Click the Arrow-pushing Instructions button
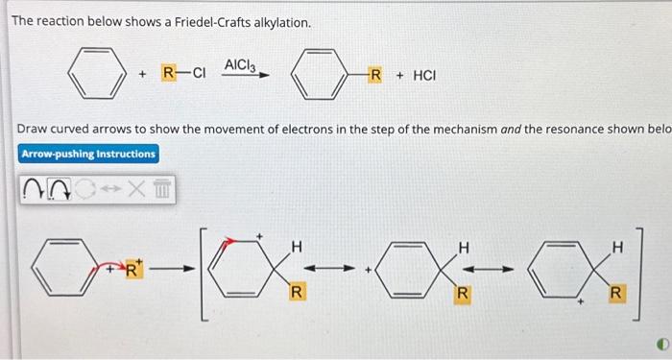pos(88,154)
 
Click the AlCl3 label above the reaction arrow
pos(238,63)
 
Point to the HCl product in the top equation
pos(423,74)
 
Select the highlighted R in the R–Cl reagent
pos(168,74)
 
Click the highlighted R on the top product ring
pos(375,74)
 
